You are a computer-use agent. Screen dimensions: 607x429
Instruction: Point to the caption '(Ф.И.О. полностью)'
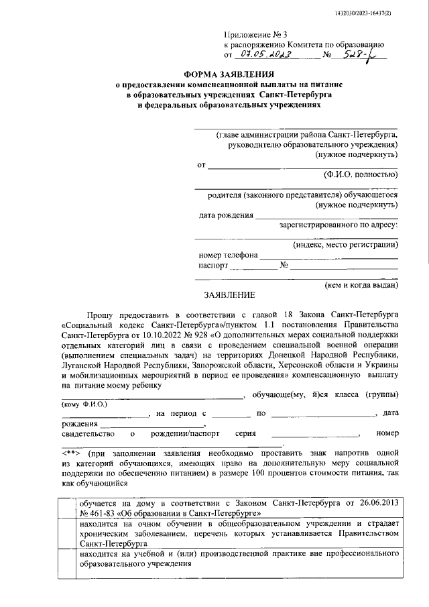(x=361, y=174)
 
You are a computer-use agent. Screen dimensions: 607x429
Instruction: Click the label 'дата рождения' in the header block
(x=226, y=215)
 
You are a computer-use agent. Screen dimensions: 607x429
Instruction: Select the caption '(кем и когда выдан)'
(x=361, y=284)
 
